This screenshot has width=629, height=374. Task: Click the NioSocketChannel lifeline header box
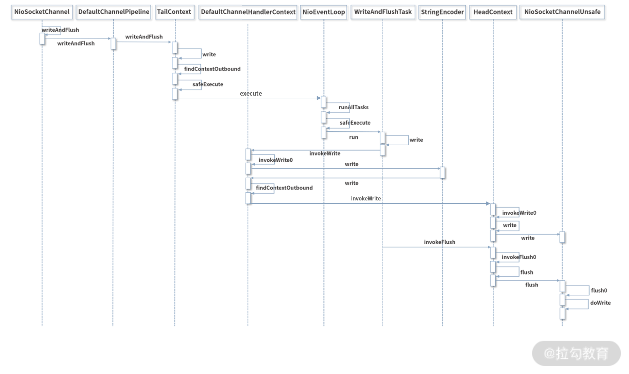[42, 12]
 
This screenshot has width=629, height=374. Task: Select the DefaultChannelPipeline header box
[114, 12]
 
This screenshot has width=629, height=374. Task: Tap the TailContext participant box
[174, 12]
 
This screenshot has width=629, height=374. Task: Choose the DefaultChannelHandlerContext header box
[248, 12]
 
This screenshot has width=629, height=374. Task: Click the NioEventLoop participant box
[324, 12]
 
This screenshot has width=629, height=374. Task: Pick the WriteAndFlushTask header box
[383, 12]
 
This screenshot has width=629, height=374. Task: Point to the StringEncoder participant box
[442, 12]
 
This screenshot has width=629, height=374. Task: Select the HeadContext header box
[493, 12]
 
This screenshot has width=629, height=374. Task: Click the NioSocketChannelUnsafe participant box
[562, 12]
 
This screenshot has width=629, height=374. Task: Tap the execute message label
[251, 94]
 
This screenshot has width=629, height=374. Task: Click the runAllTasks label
[354, 107]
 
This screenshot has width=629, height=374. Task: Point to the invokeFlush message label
[439, 242]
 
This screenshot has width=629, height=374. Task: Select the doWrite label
[600, 303]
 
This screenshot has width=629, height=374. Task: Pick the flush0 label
[599, 290]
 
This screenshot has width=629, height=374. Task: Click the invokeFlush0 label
[519, 257]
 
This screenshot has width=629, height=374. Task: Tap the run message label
[354, 137]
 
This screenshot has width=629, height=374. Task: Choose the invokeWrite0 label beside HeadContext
[519, 213]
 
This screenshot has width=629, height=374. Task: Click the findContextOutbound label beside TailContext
[212, 69]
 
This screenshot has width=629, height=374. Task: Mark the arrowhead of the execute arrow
[319, 98]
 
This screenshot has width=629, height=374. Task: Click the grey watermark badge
[576, 354]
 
